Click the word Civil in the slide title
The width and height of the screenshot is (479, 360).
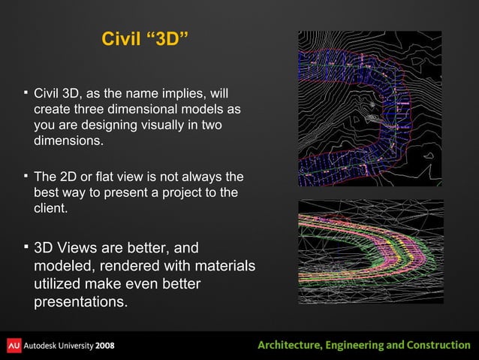coord(119,38)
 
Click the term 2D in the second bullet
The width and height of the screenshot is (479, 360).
coord(69,177)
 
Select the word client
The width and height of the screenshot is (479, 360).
coord(50,209)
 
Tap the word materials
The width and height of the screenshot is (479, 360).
coord(218,267)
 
